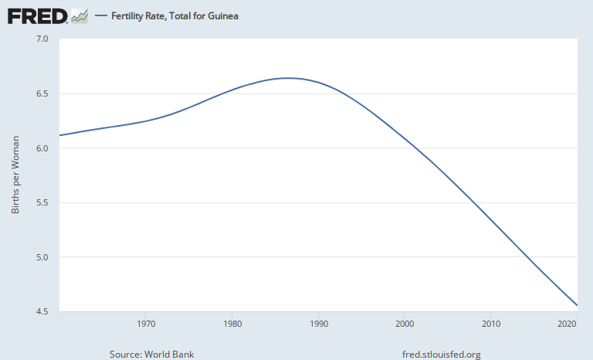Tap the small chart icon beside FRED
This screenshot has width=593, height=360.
click(x=79, y=15)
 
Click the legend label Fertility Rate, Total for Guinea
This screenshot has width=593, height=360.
click(x=175, y=15)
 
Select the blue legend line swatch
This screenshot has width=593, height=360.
click(x=100, y=15)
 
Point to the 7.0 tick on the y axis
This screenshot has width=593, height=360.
click(x=42, y=39)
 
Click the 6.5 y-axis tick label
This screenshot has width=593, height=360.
click(x=42, y=93)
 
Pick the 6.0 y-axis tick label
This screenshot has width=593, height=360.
click(x=42, y=148)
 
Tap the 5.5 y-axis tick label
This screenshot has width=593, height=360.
click(x=42, y=203)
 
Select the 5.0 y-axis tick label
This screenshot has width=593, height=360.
click(x=42, y=257)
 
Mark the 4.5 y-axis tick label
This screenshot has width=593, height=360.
click(x=42, y=312)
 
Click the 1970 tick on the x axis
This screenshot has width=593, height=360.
click(x=145, y=323)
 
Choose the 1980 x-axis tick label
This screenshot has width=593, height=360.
click(x=232, y=323)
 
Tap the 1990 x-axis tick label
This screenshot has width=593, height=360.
click(x=318, y=323)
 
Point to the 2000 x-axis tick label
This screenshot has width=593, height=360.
click(x=405, y=323)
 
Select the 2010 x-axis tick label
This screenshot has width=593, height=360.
click(x=491, y=323)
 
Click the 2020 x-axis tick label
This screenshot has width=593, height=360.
click(x=567, y=323)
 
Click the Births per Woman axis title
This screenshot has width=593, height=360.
click(x=15, y=175)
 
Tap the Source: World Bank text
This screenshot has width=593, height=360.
click(x=151, y=355)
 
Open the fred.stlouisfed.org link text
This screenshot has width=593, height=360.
click(x=442, y=355)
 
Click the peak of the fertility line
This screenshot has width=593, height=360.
click(x=288, y=77)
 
